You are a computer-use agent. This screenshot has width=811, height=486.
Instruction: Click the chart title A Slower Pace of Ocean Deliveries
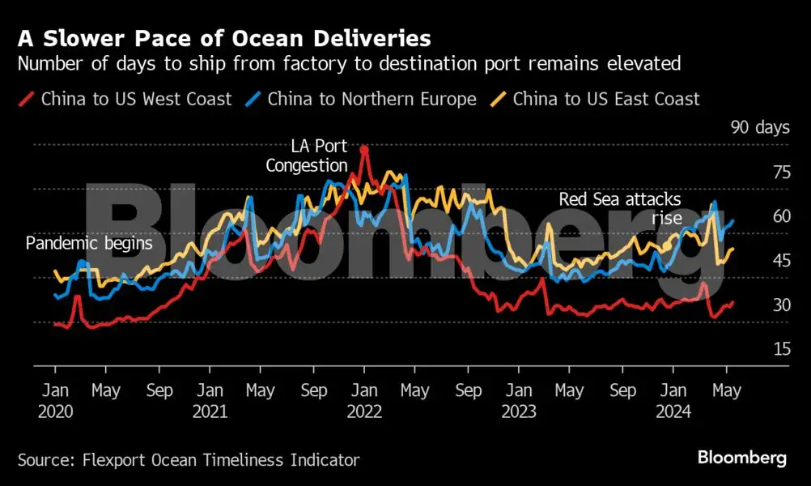pos(223,38)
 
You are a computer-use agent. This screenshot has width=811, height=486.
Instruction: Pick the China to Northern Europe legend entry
pos(372,100)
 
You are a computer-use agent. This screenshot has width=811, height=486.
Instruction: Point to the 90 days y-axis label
pos(759,127)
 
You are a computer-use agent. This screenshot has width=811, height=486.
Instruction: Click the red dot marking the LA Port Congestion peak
pos(364,150)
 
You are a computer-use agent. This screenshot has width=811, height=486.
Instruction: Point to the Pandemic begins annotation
pos(89,243)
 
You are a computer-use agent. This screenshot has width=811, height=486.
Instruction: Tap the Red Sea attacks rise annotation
pos(620,208)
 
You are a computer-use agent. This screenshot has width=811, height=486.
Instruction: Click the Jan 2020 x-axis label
pos(55,400)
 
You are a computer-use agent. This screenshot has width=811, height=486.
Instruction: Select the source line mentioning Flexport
pos(189,460)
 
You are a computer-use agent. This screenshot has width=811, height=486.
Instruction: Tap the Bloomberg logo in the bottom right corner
pos(741,458)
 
